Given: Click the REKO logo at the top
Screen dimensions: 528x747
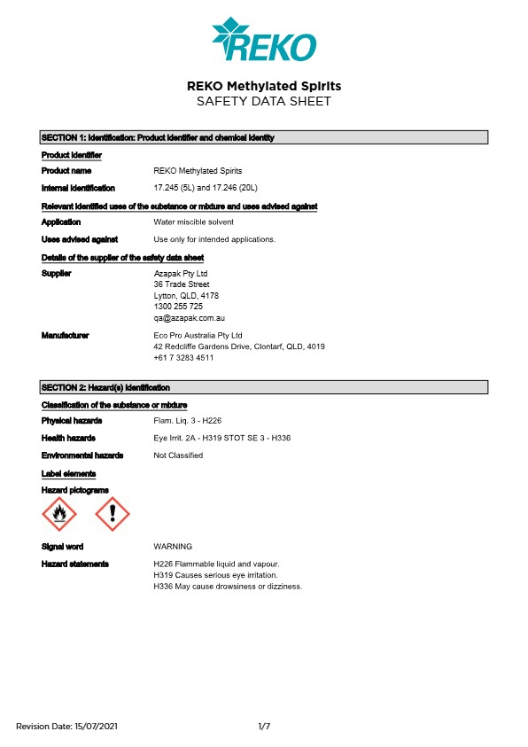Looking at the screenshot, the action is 263,41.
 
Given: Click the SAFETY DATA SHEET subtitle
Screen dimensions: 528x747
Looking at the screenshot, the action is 263,102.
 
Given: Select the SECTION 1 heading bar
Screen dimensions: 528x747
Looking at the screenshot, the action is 264,137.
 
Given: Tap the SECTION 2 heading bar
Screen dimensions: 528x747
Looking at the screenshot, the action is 264,387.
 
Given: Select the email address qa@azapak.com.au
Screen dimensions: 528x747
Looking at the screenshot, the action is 190,317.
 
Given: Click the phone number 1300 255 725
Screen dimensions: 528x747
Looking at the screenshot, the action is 178,307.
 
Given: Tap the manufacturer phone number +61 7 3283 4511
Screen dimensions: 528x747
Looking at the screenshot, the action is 183,358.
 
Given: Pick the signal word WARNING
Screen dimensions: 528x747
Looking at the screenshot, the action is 173,547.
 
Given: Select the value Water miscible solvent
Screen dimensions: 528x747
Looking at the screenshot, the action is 193,222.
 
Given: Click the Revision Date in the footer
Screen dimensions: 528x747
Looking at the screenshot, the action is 66,727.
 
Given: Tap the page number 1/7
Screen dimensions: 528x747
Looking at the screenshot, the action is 264,727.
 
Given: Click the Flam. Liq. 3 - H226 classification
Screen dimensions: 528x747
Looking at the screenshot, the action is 187,421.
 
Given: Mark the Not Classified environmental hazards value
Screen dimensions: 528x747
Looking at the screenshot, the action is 178,455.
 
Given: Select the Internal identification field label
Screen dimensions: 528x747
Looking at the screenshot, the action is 78,188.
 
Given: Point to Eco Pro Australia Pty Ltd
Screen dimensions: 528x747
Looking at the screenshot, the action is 198,336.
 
